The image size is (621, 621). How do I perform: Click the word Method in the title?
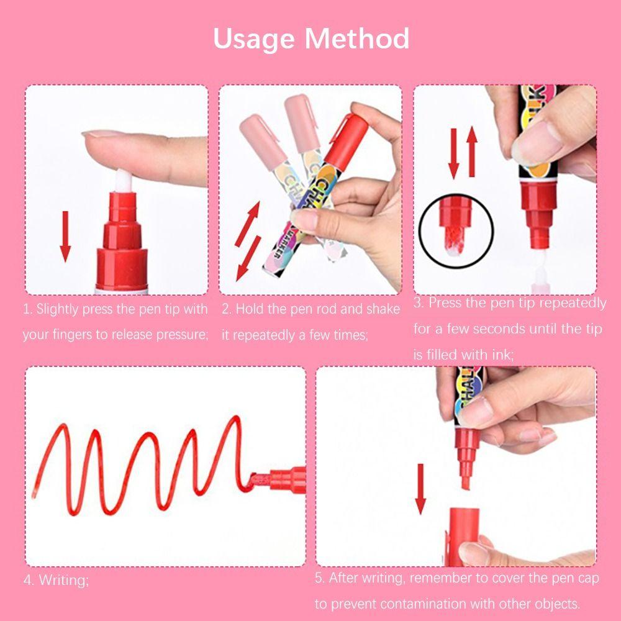[x=357, y=39]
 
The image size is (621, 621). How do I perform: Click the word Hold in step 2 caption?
[x=250, y=309]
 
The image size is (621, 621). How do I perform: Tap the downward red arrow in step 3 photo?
[x=453, y=152]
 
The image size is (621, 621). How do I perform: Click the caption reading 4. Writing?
[x=57, y=581]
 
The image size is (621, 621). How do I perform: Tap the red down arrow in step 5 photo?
[x=420, y=487]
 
